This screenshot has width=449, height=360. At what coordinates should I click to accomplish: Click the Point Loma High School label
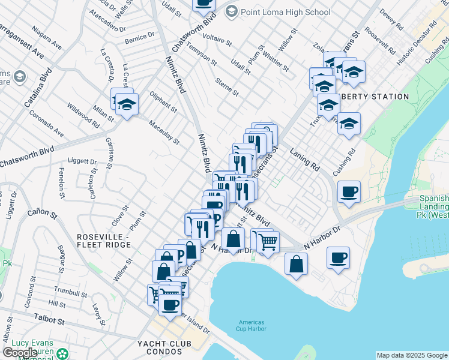[x=285, y=12]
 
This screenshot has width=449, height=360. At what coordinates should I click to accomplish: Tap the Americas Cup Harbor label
[x=251, y=326]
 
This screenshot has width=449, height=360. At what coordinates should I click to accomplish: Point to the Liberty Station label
[x=375, y=97]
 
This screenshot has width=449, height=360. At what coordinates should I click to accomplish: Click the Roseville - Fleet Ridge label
[x=104, y=241]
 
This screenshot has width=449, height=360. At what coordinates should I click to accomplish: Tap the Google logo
[x=20, y=352]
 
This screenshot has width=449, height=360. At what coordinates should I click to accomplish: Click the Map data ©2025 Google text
[x=412, y=355]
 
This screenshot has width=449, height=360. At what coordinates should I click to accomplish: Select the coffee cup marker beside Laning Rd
[x=349, y=193]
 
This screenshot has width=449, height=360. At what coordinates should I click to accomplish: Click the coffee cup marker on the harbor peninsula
[x=339, y=258]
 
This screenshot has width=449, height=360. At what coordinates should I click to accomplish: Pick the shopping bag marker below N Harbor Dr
[x=297, y=264]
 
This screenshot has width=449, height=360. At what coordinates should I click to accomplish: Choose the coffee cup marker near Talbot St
[x=170, y=304]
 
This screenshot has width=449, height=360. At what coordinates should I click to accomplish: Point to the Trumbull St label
[x=66, y=292]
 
